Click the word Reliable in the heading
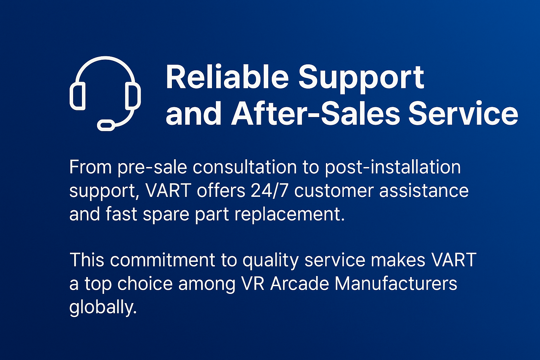(227, 77)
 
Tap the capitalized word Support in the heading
(361, 79)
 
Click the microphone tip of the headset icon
(106, 125)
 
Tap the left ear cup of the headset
(78, 96)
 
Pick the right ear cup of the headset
(133, 96)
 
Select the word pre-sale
(152, 167)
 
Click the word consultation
(244, 167)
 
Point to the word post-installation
(393, 167)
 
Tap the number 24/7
(269, 191)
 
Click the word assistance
(424, 191)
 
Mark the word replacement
(290, 214)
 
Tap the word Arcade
(300, 283)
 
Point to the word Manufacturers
(396, 283)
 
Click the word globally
(103, 308)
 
